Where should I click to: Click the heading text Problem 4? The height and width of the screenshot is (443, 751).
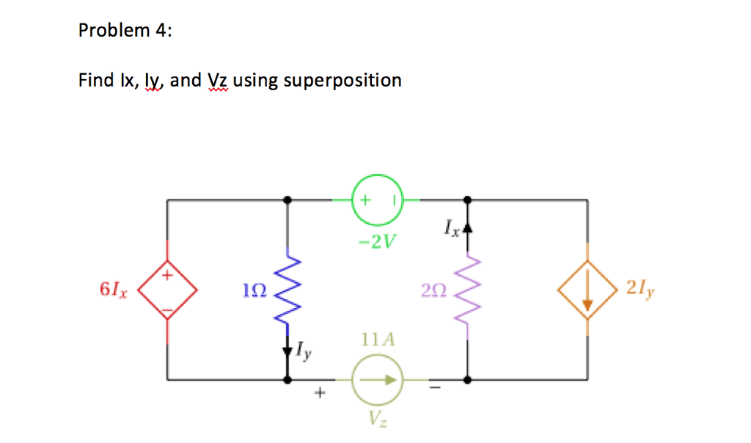point(125,31)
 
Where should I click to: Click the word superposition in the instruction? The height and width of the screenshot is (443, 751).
point(342,80)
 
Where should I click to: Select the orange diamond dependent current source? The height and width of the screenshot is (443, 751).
point(586,291)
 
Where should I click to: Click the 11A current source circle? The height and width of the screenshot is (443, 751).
point(378,380)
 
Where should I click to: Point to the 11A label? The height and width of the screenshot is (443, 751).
point(378,340)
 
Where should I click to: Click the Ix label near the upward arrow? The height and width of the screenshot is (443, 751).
point(452,230)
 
